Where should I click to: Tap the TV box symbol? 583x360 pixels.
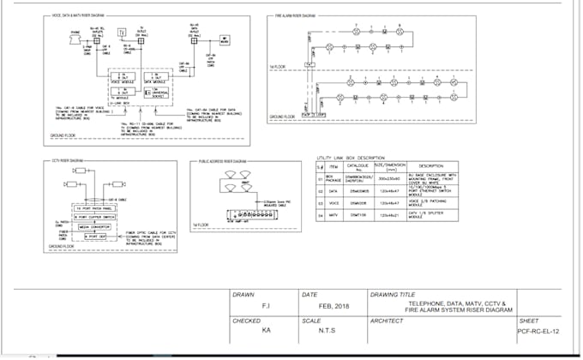tap(121, 33)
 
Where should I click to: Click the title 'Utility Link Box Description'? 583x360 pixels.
tap(351, 158)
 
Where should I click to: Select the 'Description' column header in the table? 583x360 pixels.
tap(429, 166)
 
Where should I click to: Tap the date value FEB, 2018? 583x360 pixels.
tap(334, 304)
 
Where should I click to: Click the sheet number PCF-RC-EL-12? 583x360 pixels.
tap(538, 330)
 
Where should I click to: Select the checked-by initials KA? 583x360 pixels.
tap(266, 330)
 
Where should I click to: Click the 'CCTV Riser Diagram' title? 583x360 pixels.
tap(67, 160)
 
